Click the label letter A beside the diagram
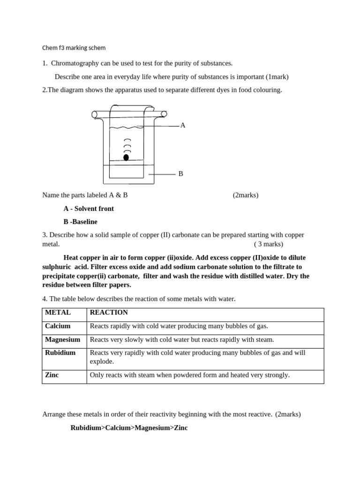tap(183, 125)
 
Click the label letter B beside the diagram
tap(180, 174)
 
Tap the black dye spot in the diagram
tap(126, 157)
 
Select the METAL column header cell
tap(58, 313)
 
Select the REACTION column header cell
tap(109, 313)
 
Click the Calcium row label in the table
tap(58, 326)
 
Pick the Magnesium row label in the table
tap(62, 339)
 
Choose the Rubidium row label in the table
tap(60, 352)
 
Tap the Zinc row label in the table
tap(52, 375)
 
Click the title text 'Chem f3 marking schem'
tap(74, 48)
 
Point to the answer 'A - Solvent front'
tap(89, 209)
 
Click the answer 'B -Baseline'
tap(80, 222)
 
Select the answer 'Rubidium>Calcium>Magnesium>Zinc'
tap(129, 428)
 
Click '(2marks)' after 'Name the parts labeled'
tap(245, 195)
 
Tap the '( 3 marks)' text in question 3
tap(269, 244)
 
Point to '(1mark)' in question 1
tap(277, 76)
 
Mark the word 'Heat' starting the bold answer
tap(71, 258)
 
